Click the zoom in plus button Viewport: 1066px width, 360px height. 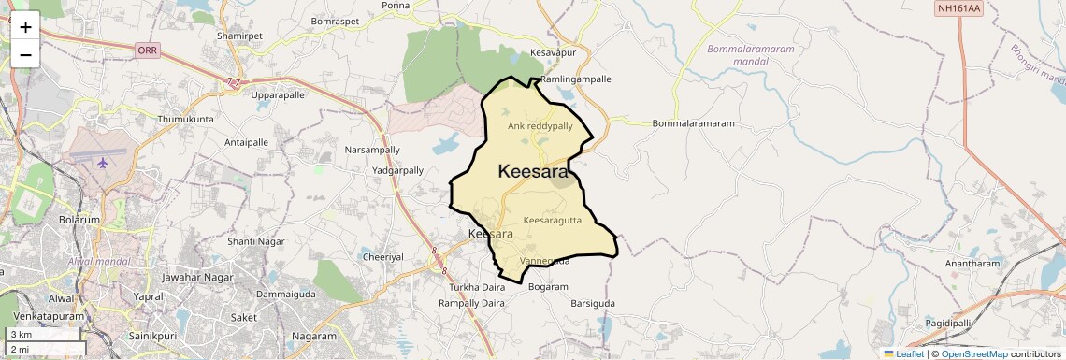pyautogui.click(x=25, y=26)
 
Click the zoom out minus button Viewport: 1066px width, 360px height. pyautogui.click(x=25, y=54)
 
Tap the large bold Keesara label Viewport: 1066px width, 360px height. pyautogui.click(x=533, y=172)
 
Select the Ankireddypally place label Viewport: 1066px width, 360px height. pyautogui.click(x=540, y=125)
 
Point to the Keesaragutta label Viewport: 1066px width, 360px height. pyautogui.click(x=553, y=221)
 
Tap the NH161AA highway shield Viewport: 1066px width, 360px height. pyautogui.click(x=959, y=8)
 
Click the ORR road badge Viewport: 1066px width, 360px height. pyautogui.click(x=147, y=50)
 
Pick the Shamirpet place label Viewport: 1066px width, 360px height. pyautogui.click(x=235, y=36)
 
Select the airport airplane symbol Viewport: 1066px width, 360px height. pyautogui.click(x=102, y=163)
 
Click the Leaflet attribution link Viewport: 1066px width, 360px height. pyautogui.click(x=905, y=353)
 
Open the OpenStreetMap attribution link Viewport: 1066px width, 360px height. pyautogui.click(x=973, y=353)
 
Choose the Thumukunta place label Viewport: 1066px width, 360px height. pyautogui.click(x=185, y=120)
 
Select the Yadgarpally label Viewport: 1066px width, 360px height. pyautogui.click(x=398, y=171)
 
